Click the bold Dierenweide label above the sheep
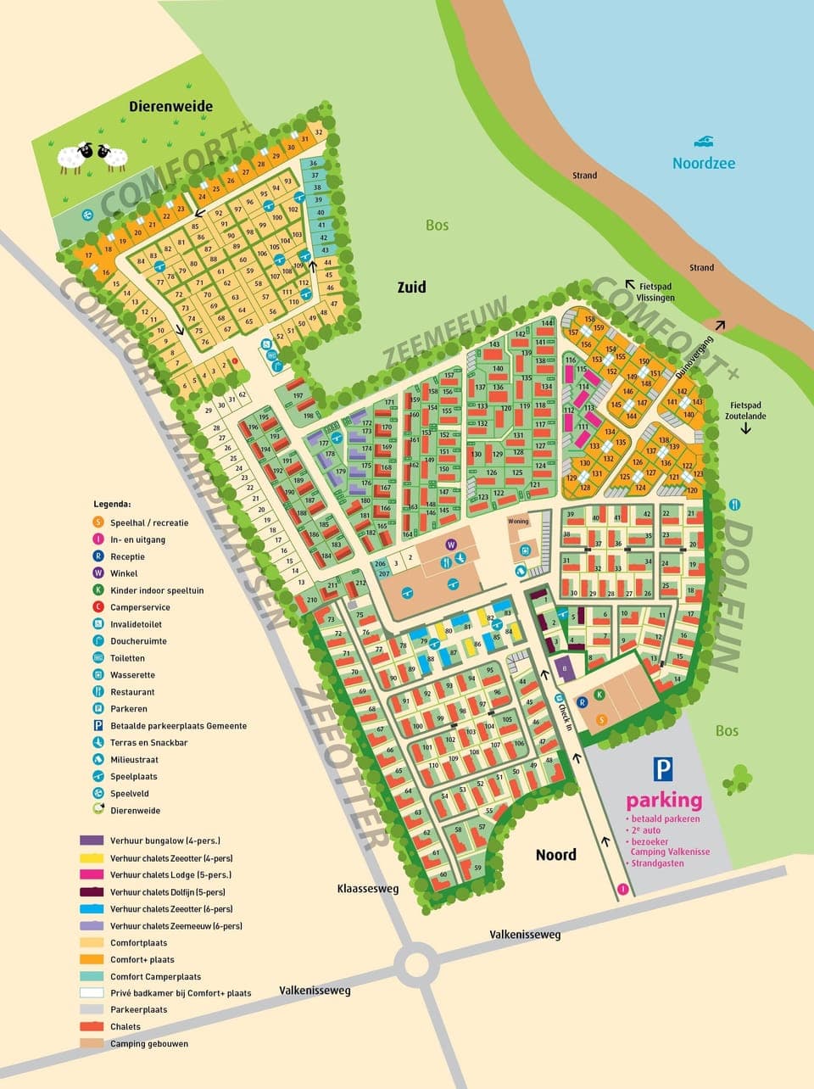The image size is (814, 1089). [x=170, y=107]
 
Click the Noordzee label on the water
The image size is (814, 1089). [x=704, y=163]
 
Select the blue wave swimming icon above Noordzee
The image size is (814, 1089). [x=704, y=141]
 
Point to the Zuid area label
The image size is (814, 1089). [x=411, y=288]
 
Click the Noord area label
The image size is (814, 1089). [x=555, y=855]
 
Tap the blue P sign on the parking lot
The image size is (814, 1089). [x=663, y=769]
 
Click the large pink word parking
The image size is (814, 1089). [x=664, y=800]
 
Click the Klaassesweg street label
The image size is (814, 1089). [x=367, y=889]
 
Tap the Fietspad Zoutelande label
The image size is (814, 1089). [x=745, y=410]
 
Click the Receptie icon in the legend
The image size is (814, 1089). [x=98, y=556]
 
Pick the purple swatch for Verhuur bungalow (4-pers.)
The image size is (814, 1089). [x=92, y=840]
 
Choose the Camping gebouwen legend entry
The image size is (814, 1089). [x=148, y=1043]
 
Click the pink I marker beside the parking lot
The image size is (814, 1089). [x=624, y=890]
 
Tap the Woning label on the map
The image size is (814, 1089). [x=517, y=521]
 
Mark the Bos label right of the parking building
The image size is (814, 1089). [x=727, y=730]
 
